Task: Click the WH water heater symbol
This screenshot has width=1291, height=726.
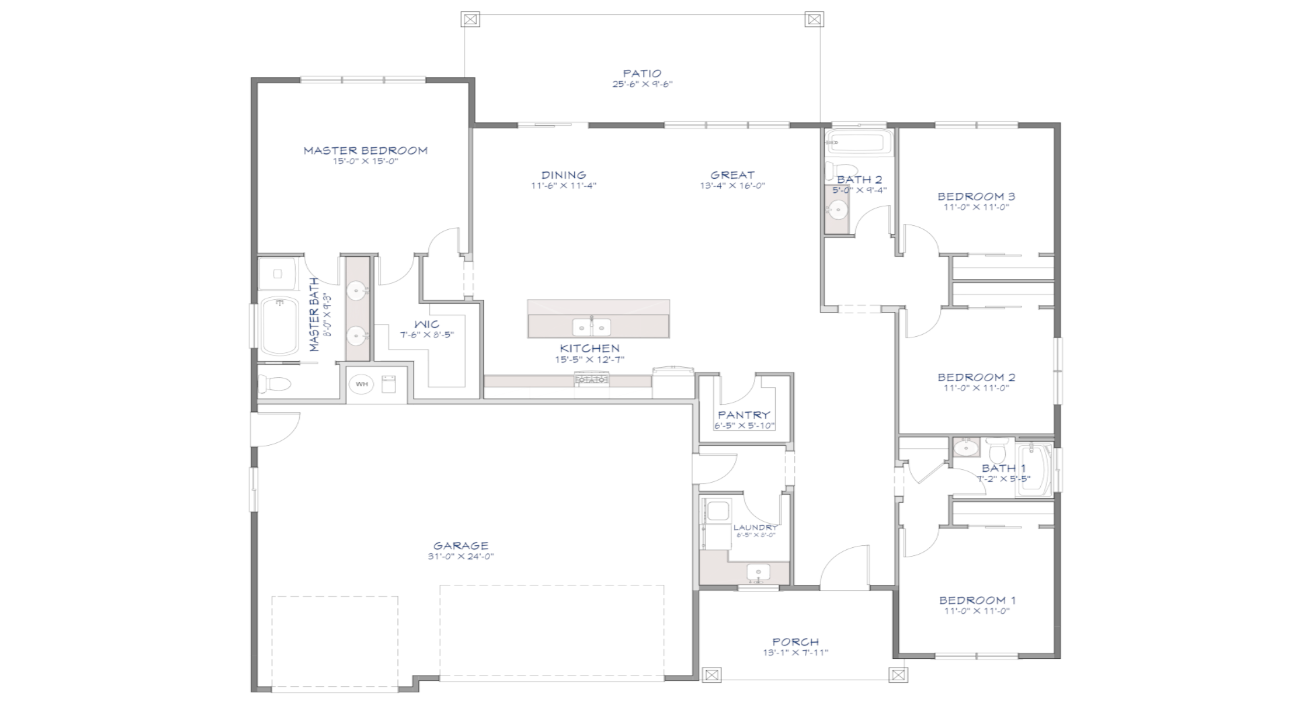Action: pos(362,385)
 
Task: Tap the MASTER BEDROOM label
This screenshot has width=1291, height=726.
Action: pos(365,151)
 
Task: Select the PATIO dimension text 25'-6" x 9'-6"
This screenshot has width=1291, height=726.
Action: pos(642,85)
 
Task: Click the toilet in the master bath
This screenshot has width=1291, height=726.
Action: pos(275,384)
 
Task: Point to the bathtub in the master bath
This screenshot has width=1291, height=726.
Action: pos(279,326)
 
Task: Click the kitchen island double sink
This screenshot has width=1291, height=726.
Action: pos(591,327)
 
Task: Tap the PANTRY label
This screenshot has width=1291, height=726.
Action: pos(744,415)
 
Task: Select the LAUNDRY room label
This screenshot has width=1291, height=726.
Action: pos(755,528)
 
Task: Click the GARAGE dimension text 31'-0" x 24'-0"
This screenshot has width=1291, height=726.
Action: pos(461,557)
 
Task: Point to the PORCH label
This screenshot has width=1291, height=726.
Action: pos(795,642)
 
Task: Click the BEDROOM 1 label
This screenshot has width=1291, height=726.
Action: pos(977,600)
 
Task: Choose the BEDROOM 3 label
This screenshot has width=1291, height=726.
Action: pos(976,196)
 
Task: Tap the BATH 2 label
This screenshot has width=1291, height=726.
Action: pos(859,179)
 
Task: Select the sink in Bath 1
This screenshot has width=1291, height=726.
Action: pos(966,446)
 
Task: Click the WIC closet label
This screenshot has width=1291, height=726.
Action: pos(427,324)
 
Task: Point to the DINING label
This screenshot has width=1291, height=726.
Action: pos(563,175)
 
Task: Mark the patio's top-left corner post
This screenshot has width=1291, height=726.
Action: pos(470,19)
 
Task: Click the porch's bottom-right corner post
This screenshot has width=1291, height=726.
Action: pos(898,674)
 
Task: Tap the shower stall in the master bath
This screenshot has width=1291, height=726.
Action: pos(277,274)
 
